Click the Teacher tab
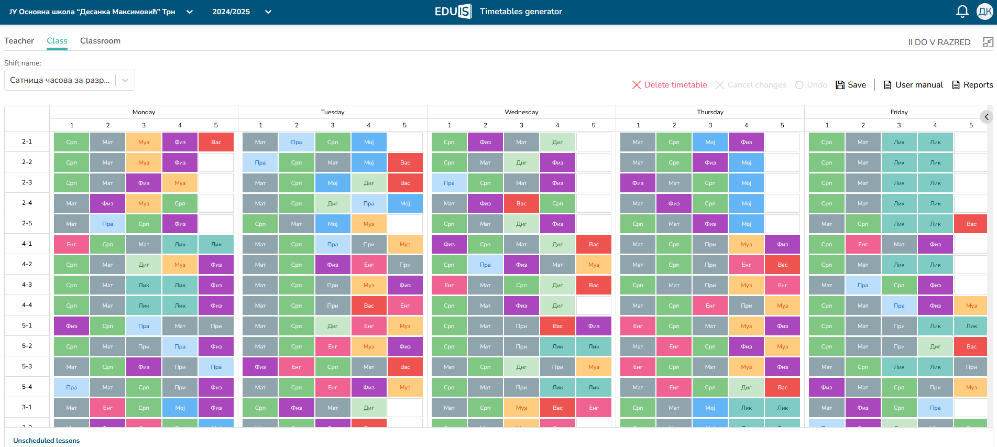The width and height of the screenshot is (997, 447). pos(19,41)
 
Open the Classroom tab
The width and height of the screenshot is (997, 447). pos(100,41)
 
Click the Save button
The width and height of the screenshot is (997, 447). pos(851,85)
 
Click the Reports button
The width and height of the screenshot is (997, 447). pos(972,85)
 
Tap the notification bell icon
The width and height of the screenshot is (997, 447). pos(962,12)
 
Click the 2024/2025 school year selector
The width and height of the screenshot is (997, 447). pos(242,12)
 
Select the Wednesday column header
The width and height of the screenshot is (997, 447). pos(521,112)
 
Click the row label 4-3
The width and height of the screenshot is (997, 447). pos(27,285)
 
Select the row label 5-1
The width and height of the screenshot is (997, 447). pos(27,325)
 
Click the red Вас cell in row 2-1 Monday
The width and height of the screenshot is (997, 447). pos(216,142)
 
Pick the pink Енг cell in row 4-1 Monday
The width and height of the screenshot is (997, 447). pos(72,244)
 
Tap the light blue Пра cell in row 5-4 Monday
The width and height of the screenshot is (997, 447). pos(72,387)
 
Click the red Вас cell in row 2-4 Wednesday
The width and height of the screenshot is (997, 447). pos(521,203)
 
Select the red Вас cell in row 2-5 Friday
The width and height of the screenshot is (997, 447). pos(971,224)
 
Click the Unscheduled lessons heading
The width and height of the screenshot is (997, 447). pos(47,441)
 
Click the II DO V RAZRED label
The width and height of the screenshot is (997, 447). pos(939,42)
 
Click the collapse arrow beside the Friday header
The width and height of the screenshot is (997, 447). pos(986,117)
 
